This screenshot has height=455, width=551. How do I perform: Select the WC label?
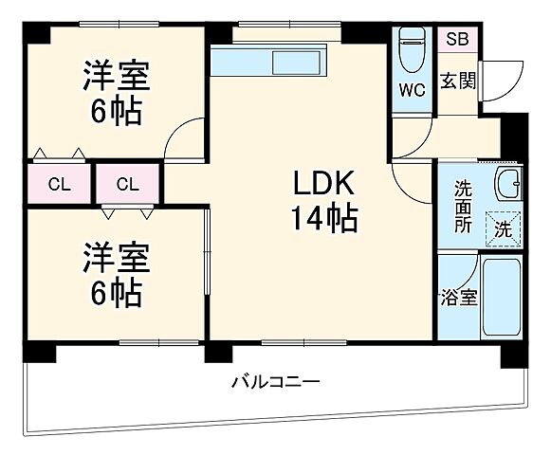[411, 91]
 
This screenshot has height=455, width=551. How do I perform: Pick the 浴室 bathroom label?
[459, 297]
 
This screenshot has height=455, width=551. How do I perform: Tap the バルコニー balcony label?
[275, 382]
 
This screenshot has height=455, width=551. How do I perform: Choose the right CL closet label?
[129, 183]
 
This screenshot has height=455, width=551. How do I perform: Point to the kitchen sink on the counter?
[297, 63]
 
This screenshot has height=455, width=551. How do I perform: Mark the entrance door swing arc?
[505, 76]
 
